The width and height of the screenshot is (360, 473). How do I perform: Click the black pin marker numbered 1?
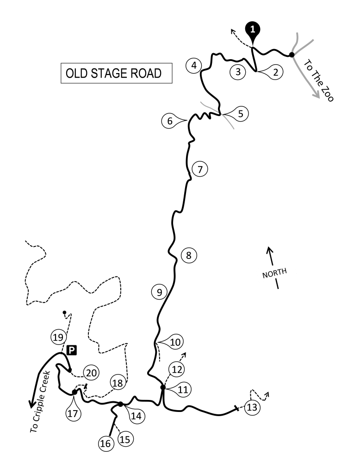252,29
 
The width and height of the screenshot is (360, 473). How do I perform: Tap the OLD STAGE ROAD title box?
116,74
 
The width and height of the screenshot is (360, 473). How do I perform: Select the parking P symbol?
71,350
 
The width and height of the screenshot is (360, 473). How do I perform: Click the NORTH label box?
276,273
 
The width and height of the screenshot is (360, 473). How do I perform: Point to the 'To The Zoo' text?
318,80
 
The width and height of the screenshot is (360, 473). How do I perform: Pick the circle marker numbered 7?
199,169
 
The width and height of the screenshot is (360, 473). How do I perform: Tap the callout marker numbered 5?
240,113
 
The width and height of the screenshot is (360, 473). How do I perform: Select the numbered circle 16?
105,444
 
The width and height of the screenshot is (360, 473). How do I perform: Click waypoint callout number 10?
174,342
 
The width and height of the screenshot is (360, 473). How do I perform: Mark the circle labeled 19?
58,337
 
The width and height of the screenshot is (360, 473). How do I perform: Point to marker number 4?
194,66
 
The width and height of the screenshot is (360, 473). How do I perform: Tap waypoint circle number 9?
159,292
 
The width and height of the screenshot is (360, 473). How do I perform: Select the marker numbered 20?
91,373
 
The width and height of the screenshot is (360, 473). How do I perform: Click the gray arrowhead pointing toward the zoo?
317,95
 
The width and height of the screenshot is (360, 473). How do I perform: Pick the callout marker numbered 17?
73,412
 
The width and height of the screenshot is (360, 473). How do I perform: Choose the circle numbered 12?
177,369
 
